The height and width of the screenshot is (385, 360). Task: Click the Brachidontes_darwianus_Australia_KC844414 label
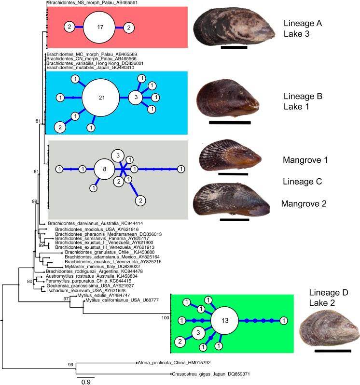[87, 223]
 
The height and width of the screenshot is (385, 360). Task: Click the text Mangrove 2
[304, 204]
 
